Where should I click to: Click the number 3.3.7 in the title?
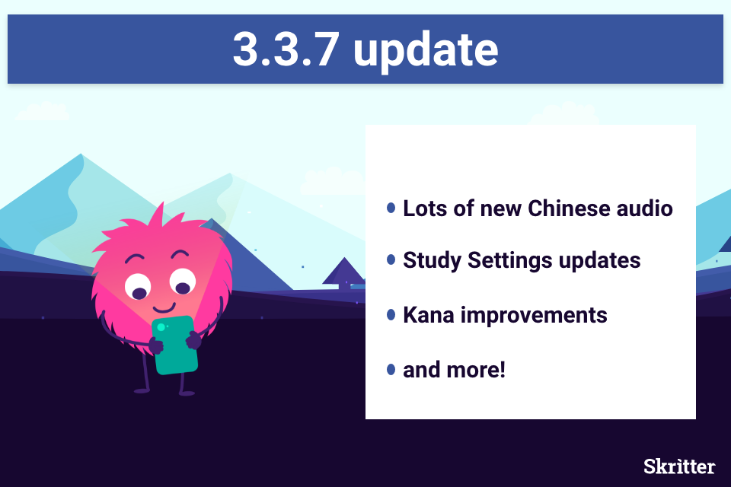(286, 49)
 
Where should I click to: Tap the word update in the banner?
(426, 51)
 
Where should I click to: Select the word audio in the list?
(645, 208)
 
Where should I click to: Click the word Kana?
(429, 315)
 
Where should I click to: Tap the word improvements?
(534, 316)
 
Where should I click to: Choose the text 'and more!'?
(454, 370)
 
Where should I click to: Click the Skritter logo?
(679, 466)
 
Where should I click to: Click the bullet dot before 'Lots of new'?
(391, 208)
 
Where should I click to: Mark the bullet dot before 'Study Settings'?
(391, 259)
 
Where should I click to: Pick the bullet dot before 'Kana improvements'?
(391, 315)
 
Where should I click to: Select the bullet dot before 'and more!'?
(391, 370)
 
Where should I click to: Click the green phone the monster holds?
(175, 345)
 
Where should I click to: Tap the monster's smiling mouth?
(164, 308)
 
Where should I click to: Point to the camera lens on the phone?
(161, 327)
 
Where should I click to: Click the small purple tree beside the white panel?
(344, 273)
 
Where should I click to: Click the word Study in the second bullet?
(433, 261)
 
